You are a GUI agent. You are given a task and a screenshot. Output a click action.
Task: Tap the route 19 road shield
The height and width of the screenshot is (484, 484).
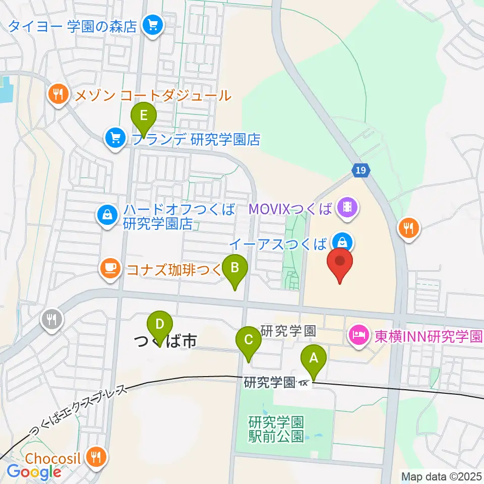360,170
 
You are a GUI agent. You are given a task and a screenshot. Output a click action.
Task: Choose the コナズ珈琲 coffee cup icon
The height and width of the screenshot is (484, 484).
110,268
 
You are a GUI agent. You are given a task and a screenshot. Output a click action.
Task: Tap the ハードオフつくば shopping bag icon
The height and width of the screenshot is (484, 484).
108,216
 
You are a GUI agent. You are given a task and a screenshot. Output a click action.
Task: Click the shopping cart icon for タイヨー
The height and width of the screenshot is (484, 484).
152,24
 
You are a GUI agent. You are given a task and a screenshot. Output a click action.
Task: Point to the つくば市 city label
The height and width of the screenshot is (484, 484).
165,342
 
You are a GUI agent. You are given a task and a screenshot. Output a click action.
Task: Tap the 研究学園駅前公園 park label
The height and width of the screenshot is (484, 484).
277,429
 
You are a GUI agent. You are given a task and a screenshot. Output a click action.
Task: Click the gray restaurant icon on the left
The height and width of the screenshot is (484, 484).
51,319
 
